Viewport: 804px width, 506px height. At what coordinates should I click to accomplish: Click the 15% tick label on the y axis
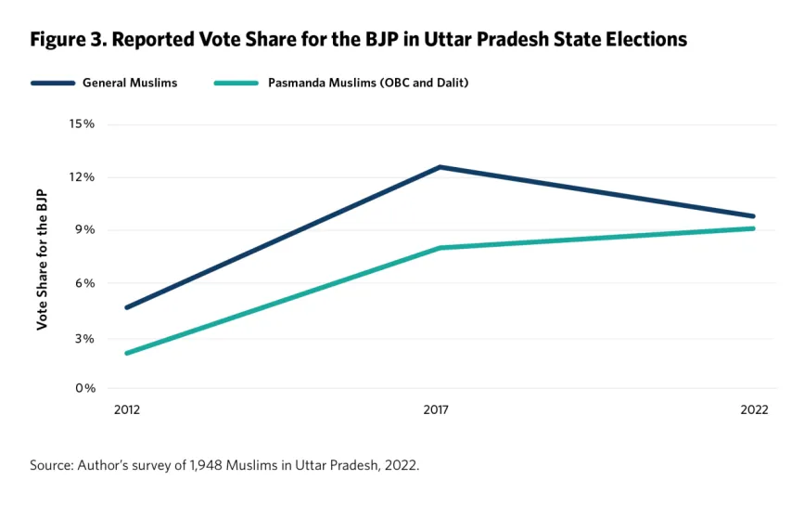(x=83, y=124)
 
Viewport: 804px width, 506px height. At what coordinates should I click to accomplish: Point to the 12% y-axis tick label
(x=83, y=177)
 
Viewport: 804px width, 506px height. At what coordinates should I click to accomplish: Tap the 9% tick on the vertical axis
(x=85, y=230)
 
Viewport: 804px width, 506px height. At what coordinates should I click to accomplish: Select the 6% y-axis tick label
(x=85, y=283)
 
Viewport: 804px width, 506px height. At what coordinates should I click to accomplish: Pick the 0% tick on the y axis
(x=85, y=388)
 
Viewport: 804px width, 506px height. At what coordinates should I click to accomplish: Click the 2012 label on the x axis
(x=127, y=410)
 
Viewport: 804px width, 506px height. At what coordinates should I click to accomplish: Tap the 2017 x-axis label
(x=437, y=410)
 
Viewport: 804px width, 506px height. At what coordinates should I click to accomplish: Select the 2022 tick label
(x=755, y=410)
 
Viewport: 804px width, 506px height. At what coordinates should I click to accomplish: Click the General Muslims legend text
(x=130, y=83)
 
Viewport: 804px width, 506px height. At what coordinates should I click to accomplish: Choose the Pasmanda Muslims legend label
(x=368, y=83)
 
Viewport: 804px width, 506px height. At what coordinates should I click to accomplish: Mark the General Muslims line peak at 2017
(x=440, y=167)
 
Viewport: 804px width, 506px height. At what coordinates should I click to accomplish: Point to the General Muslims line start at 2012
(x=127, y=307)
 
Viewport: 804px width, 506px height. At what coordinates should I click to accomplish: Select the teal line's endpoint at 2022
(x=753, y=228)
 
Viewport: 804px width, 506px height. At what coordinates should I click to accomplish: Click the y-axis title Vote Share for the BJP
(x=42, y=256)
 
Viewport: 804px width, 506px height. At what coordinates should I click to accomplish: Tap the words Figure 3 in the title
(x=66, y=40)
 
